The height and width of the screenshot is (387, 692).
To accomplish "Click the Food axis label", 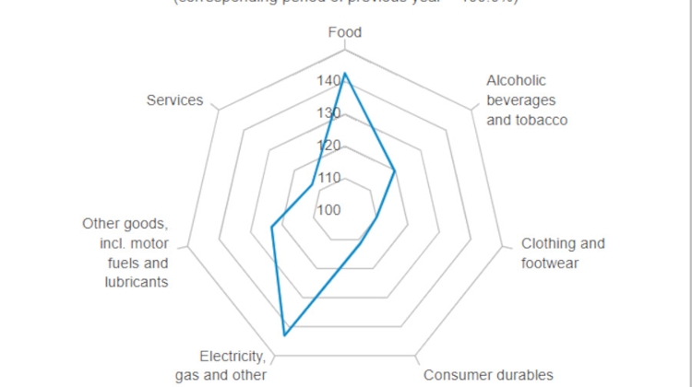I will pyautogui.click(x=345, y=32).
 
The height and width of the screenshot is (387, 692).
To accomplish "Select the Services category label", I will pyautogui.click(x=174, y=100).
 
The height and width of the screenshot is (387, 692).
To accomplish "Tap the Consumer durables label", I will pyautogui.click(x=488, y=374).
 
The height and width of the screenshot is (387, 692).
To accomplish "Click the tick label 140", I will pyautogui.click(x=328, y=81).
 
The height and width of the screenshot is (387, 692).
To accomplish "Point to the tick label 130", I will pyautogui.click(x=328, y=113).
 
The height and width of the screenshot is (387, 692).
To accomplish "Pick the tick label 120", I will pyautogui.click(x=328, y=146).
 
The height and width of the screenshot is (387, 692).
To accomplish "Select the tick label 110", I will pyautogui.click(x=328, y=177).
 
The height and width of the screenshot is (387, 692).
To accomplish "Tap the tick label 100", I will pyautogui.click(x=328, y=209).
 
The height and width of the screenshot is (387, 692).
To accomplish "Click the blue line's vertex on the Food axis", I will pyautogui.click(x=345, y=74).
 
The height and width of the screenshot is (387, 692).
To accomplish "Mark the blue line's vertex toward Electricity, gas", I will pyautogui.click(x=285, y=334).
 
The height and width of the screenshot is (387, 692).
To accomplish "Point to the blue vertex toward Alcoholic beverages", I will pyautogui.click(x=395, y=170).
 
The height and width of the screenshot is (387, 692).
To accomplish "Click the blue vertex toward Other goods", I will pyautogui.click(x=271, y=227).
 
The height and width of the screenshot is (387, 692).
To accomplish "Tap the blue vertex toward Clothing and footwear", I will pyautogui.click(x=377, y=219).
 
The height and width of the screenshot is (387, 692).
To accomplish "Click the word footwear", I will pyautogui.click(x=550, y=263).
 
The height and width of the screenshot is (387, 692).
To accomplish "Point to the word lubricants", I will pyautogui.click(x=137, y=282).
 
